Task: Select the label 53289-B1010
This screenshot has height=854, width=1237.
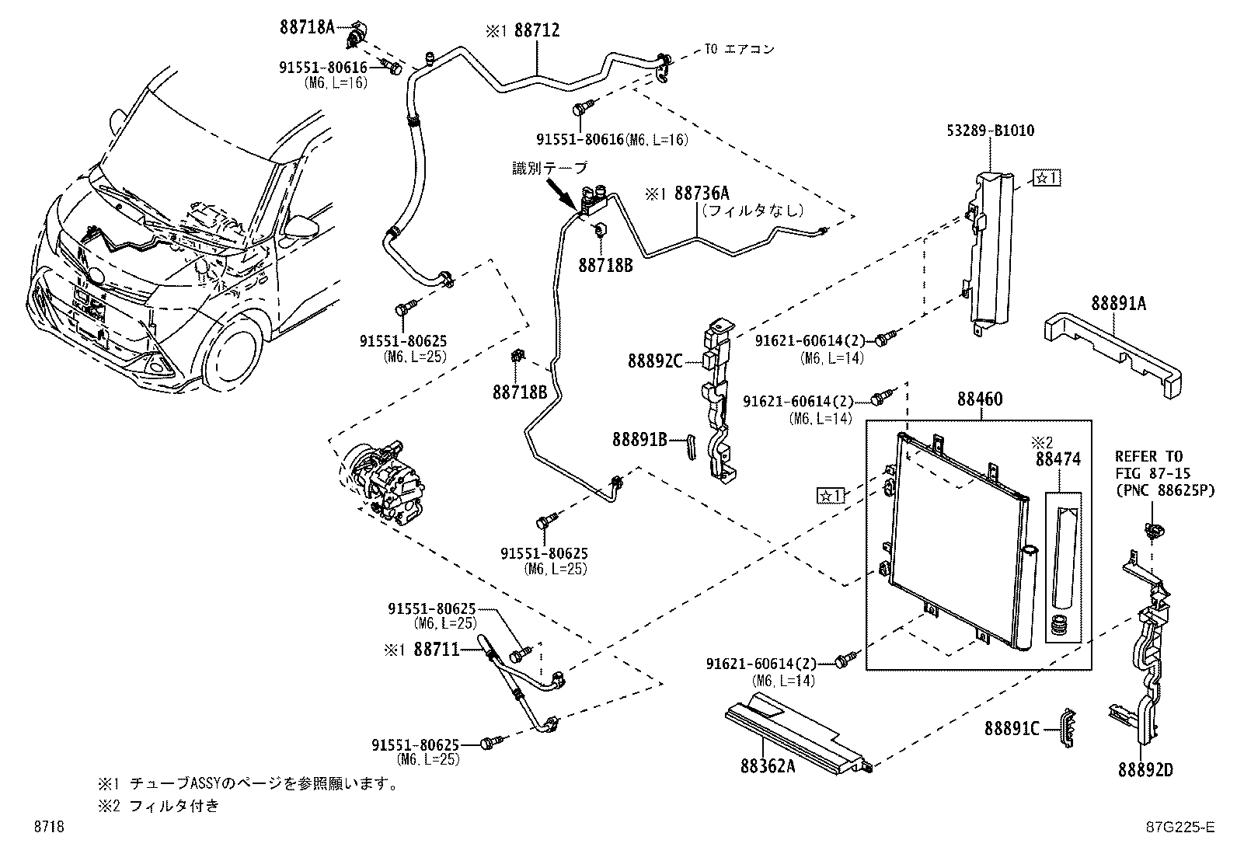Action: click(x=990, y=131)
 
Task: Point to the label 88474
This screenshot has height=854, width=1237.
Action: click(x=1058, y=459)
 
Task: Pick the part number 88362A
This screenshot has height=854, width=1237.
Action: click(x=768, y=766)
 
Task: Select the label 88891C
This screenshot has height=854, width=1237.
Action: click(x=1012, y=729)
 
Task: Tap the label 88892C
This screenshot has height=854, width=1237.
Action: click(x=655, y=361)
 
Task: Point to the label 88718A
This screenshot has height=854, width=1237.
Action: click(x=306, y=27)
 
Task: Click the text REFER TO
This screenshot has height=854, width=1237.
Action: click(x=1148, y=457)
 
